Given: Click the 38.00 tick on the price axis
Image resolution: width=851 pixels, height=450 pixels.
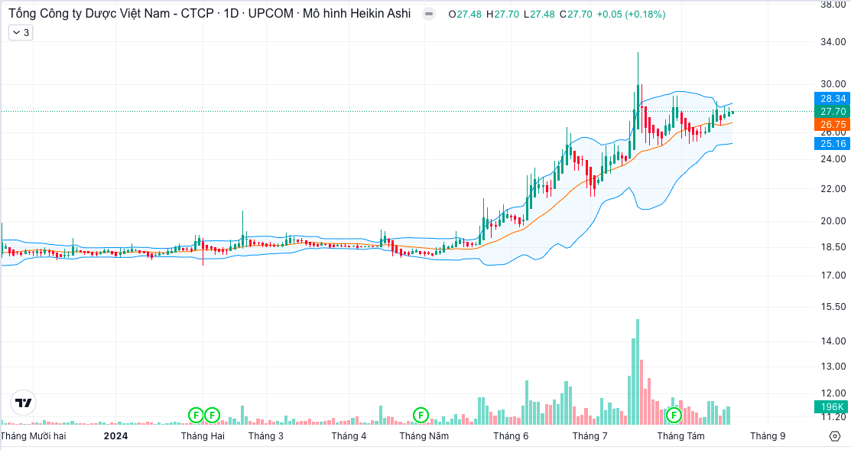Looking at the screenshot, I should point(833,5).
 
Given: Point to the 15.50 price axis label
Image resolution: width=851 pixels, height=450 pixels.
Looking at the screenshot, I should point(833,306).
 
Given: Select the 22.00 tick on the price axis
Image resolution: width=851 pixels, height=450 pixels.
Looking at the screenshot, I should point(833,189).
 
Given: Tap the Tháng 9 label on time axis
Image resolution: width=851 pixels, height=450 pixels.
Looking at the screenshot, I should point(768,436).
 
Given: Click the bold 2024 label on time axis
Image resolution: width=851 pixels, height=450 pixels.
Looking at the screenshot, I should point(115,436).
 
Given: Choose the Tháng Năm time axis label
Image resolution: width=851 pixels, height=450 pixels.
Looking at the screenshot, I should point(424,436).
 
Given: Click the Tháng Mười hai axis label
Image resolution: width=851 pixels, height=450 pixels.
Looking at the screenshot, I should point(34,436).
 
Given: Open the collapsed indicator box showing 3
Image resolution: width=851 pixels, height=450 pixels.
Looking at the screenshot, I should point(21,32).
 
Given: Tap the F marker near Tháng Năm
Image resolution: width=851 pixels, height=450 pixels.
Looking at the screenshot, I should point(421,415).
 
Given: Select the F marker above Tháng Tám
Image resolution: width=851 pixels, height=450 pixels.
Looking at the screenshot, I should point(674,415).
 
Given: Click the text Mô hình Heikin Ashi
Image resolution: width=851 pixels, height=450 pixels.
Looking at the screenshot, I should point(358,14).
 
